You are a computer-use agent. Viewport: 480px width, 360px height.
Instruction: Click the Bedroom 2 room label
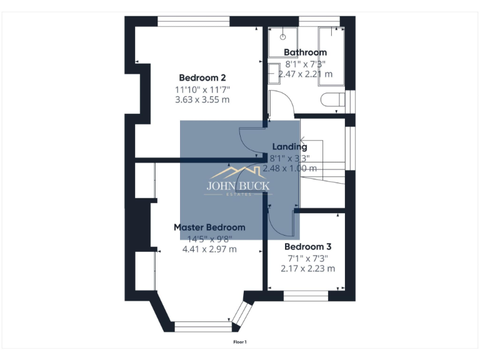(x=202, y=77)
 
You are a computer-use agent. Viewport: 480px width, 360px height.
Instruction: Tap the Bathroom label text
(x=305, y=52)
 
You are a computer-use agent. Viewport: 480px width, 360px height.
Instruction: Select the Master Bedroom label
(x=209, y=227)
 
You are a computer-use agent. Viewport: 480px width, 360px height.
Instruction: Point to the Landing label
(x=289, y=147)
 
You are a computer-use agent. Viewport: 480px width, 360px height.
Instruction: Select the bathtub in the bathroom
(x=331, y=55)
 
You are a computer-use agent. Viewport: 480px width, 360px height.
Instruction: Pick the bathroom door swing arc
(x=281, y=100)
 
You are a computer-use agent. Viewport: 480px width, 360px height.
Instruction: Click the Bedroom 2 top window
(x=193, y=22)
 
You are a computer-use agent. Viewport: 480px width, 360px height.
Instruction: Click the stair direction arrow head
(x=301, y=140)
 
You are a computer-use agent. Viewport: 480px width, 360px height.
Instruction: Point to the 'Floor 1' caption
(x=240, y=342)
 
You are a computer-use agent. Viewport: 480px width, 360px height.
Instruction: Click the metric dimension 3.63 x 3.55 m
(x=202, y=99)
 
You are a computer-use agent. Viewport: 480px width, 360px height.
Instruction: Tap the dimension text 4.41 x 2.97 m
(x=209, y=249)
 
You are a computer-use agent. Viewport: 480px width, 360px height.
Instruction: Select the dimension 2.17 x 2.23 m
(x=307, y=268)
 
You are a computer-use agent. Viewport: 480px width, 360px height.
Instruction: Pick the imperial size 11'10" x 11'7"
(x=202, y=89)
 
